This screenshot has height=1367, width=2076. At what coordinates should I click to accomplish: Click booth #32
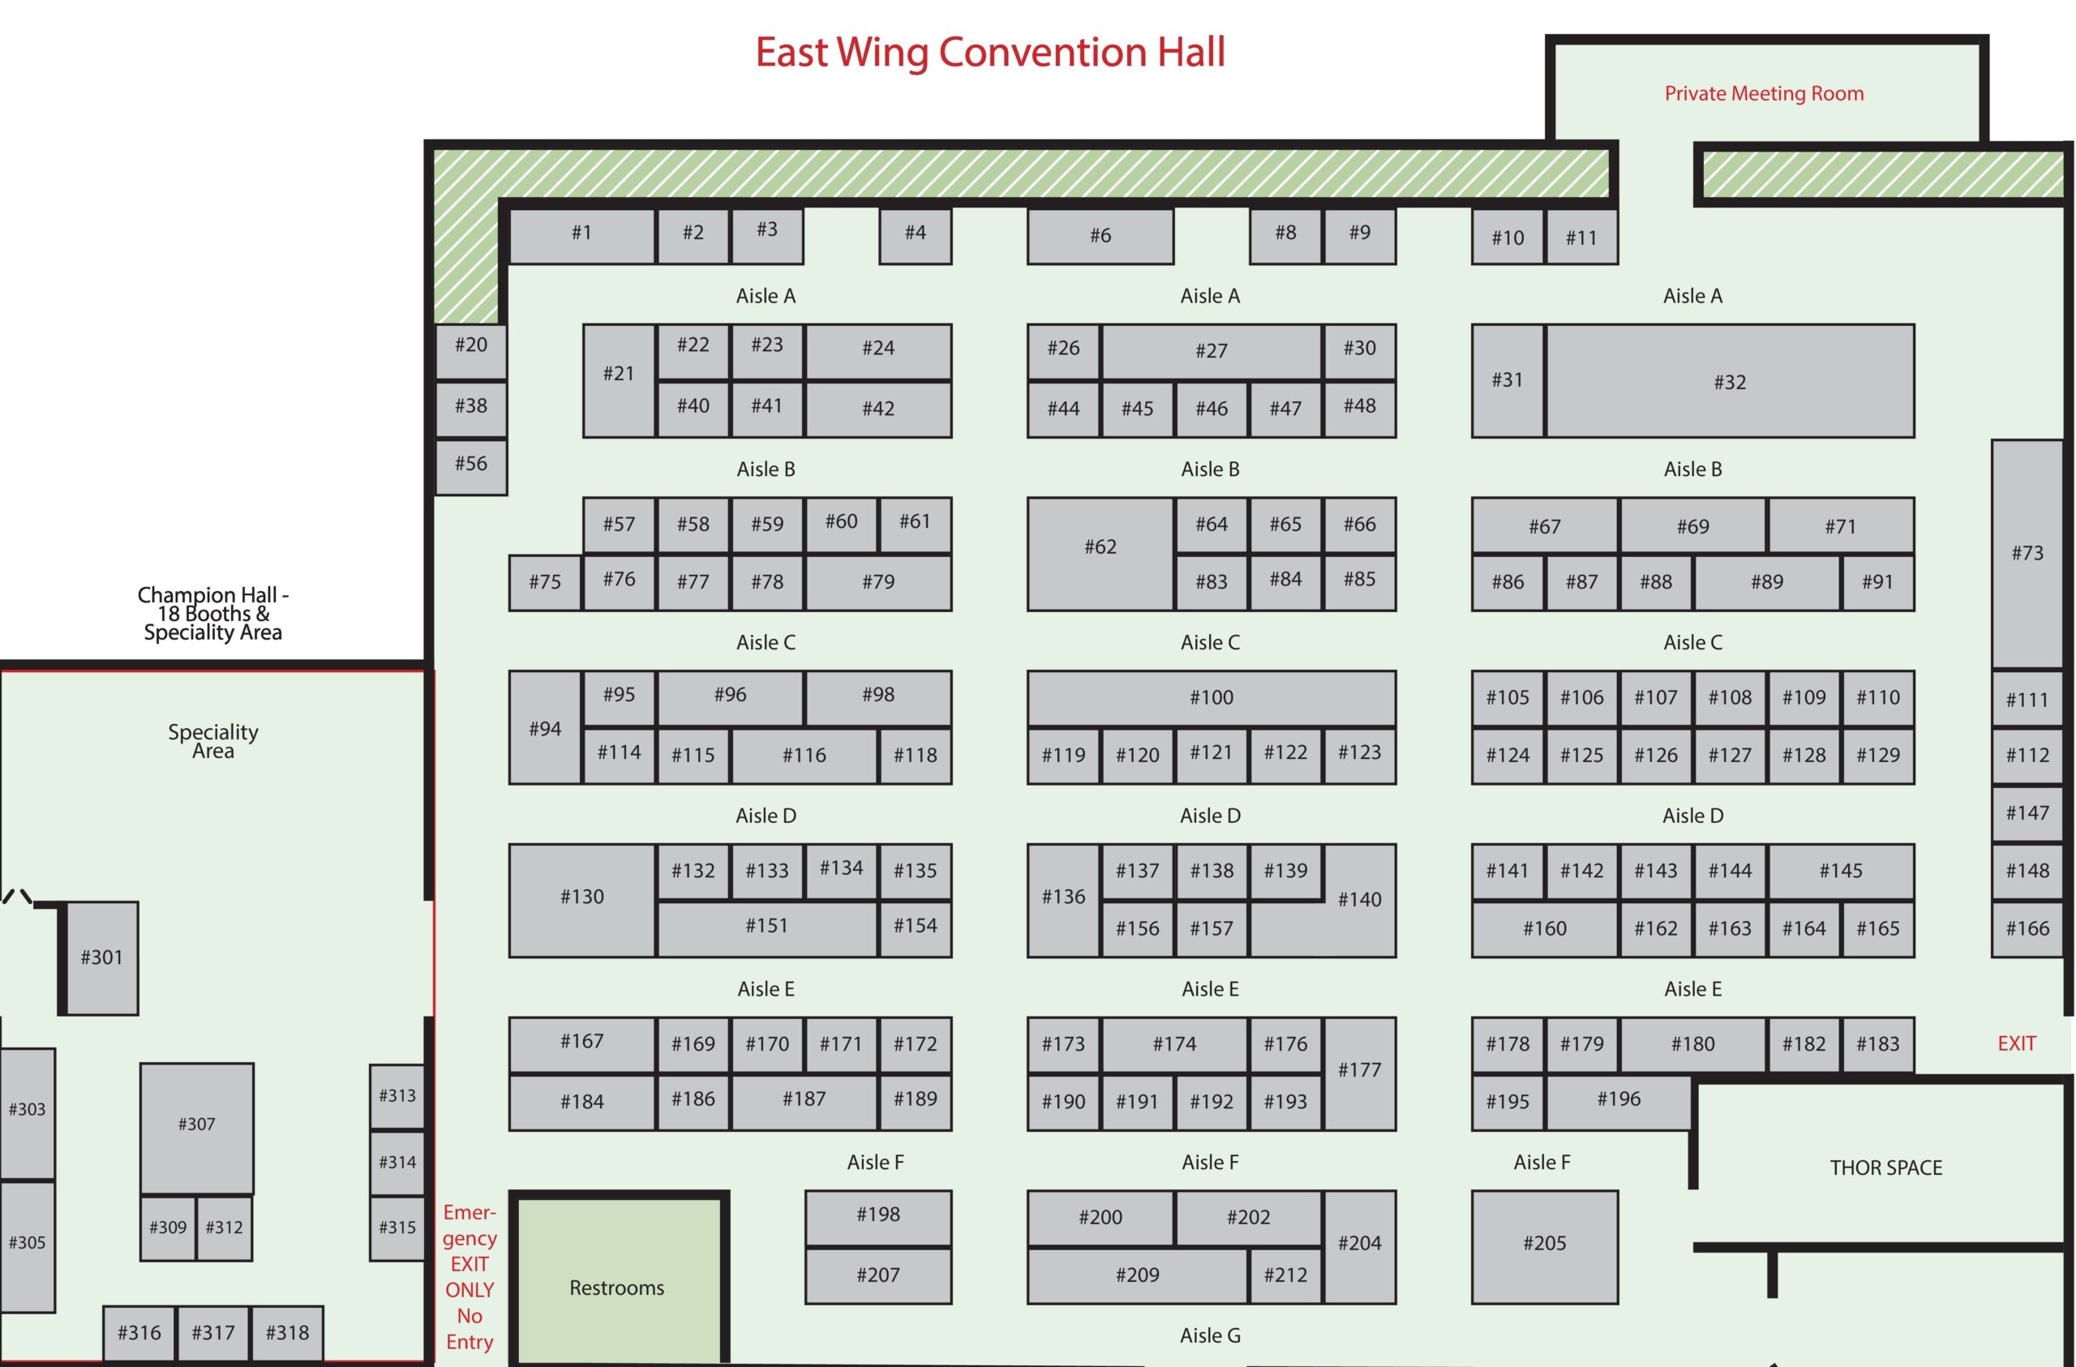point(1729,381)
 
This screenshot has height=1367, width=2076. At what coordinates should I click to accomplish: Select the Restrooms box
point(616,1288)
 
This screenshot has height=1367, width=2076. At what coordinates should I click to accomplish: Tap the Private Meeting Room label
point(1764,93)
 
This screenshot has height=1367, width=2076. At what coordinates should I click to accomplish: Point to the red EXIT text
point(2016,1043)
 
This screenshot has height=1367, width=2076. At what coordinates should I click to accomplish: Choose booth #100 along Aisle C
point(1211,697)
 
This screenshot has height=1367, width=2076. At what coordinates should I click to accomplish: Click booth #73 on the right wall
point(2027,552)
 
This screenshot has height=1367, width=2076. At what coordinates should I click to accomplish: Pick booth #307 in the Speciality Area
point(196,1125)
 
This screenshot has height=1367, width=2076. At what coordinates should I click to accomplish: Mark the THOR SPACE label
point(1885,1168)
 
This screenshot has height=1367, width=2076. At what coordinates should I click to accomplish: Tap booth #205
point(1544,1243)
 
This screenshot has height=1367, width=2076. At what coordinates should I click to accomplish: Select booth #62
point(1100,547)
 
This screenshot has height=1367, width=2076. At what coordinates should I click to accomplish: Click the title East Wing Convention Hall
point(990,53)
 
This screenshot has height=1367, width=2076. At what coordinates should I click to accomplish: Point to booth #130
point(581,897)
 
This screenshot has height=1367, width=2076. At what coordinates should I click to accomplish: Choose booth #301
point(101,957)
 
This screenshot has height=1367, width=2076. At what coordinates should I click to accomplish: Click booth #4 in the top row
point(914,233)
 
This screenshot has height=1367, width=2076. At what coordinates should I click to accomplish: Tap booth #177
point(1359,1070)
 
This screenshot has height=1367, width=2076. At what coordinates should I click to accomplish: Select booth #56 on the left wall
point(471,463)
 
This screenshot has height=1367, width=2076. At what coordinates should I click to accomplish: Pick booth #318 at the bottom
point(287,1332)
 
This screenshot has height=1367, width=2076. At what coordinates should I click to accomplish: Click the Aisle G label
point(1210,1335)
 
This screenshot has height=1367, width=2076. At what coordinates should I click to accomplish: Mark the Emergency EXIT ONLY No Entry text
point(470,1276)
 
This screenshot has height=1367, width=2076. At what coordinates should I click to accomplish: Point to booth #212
point(1285,1275)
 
